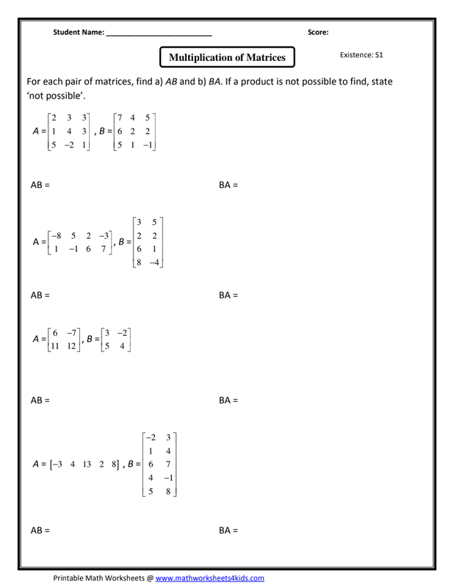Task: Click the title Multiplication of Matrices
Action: point(227,57)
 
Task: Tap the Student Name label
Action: point(79,32)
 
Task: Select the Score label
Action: point(317,32)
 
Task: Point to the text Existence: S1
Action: point(361,55)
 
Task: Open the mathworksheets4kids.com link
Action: point(209,578)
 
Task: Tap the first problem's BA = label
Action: point(228,186)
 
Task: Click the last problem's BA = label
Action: point(228,530)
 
